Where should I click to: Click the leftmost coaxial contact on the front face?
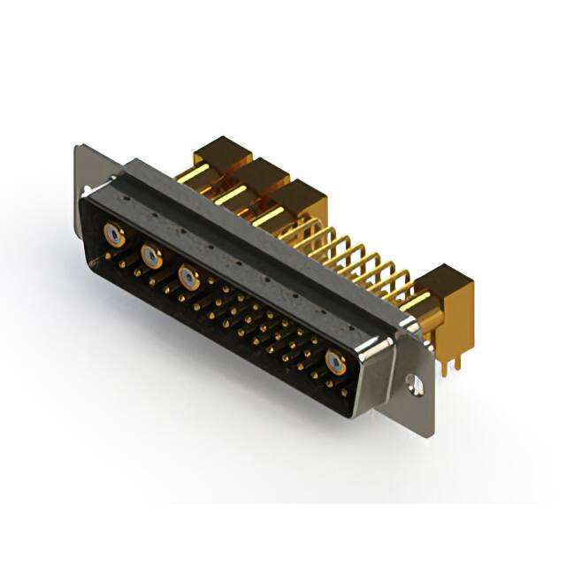pyautogui.click(x=113, y=234)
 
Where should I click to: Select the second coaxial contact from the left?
pyautogui.click(x=151, y=256)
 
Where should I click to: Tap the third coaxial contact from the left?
pyautogui.click(x=187, y=277)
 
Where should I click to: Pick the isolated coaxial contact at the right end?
pyautogui.click(x=335, y=361)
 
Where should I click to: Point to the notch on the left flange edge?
pyautogui.click(x=86, y=190)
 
